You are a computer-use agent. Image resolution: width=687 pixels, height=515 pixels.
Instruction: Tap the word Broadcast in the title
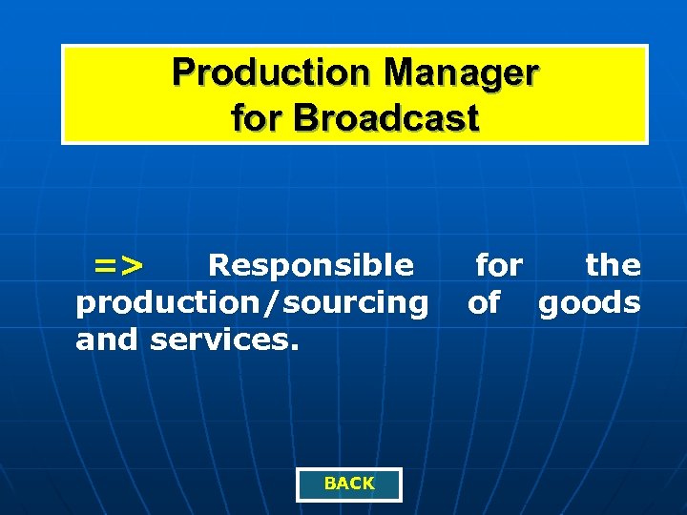387,119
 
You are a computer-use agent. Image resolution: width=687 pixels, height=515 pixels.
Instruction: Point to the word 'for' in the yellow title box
259,119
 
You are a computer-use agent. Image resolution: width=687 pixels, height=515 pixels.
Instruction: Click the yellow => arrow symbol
118,264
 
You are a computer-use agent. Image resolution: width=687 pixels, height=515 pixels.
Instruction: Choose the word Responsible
311,264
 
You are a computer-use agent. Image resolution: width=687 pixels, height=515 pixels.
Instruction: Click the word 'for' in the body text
499,264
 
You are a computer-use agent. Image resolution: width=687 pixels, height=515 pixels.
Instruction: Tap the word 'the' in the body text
613,264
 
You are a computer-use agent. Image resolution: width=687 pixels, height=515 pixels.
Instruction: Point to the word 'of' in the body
484,303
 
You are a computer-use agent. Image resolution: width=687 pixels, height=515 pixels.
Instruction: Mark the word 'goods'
590,303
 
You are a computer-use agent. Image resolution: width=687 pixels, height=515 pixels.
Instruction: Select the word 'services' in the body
220,339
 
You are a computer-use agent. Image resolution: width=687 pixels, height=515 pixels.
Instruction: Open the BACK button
349,484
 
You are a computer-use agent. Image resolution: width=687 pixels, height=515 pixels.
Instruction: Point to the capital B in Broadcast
307,119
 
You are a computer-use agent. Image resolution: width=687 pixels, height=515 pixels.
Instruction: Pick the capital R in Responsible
219,264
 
